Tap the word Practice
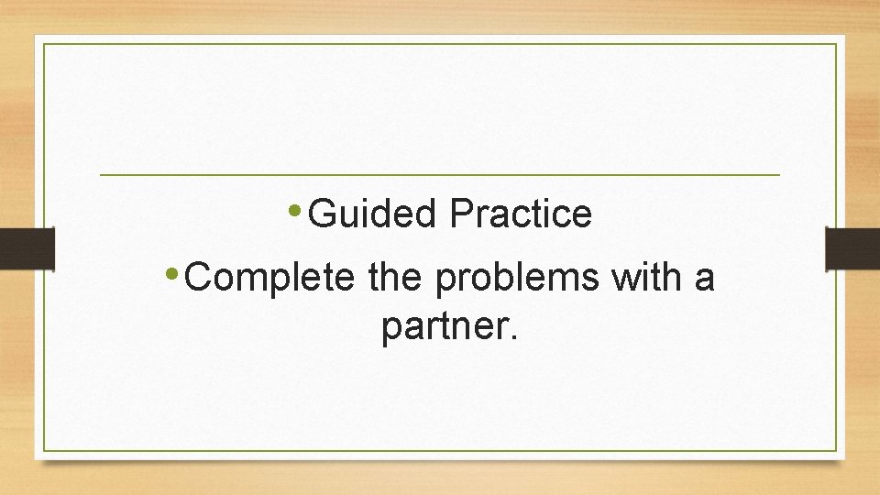[521, 214]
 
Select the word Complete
[269, 276]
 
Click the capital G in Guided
[322, 214]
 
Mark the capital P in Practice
[460, 214]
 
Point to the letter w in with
[623, 277]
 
